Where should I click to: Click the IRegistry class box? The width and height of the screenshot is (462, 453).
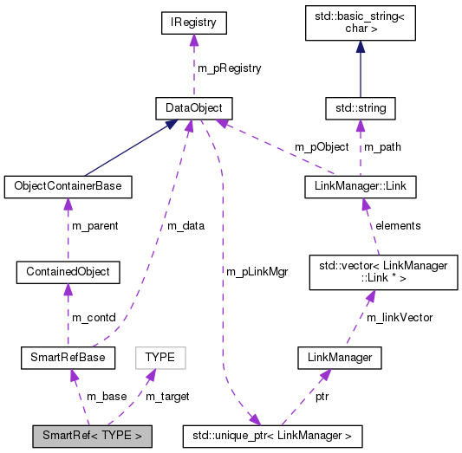[x=193, y=23]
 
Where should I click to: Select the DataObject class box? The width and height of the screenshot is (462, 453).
[x=188, y=108]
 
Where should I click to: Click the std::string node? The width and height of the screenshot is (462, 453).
[x=361, y=108]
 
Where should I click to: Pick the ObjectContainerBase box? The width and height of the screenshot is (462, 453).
[x=68, y=185]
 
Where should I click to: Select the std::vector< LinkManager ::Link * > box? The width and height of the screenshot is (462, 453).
[x=383, y=271]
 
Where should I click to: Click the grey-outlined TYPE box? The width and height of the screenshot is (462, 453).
[x=159, y=356]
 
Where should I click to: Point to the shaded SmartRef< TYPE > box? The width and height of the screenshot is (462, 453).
[x=92, y=434]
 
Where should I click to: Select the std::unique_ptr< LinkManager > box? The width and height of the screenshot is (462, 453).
[x=272, y=434]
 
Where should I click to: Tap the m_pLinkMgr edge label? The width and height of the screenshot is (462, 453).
[x=257, y=271]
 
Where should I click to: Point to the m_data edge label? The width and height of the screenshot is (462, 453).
[x=185, y=226]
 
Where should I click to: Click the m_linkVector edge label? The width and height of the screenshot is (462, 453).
[x=400, y=317]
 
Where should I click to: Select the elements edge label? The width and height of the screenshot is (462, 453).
[x=397, y=225]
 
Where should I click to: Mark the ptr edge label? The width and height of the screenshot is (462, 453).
[x=321, y=396]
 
